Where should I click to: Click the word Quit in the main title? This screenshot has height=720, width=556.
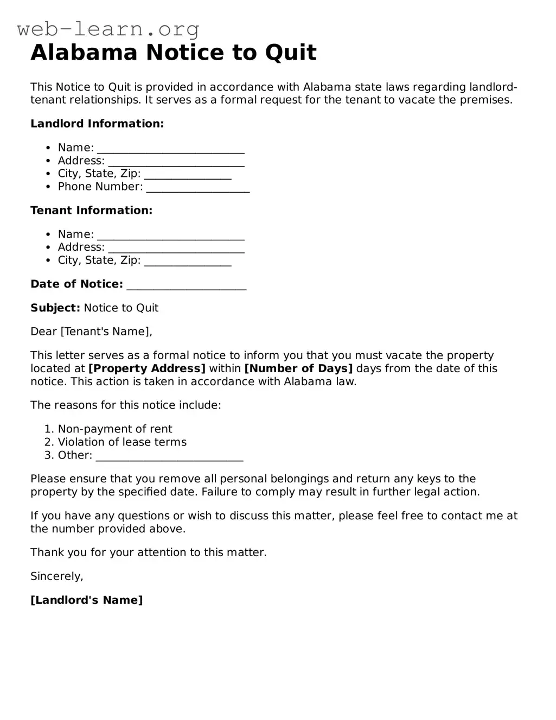291,53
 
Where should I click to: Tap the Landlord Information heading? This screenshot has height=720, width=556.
97,124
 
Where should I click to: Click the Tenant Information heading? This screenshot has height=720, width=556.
91,211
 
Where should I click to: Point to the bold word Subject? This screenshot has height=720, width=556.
55,308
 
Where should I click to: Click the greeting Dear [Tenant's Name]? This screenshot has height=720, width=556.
91,332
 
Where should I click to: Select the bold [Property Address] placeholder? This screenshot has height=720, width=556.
146,368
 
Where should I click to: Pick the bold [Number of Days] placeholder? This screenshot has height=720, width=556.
298,368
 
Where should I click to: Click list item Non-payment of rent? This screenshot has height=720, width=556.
115,429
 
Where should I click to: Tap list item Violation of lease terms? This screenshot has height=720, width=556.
122,442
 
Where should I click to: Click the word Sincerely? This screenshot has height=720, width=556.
57,576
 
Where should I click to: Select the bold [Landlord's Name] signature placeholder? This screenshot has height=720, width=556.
87,600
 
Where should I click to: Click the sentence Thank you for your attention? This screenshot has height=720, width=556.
148,552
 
